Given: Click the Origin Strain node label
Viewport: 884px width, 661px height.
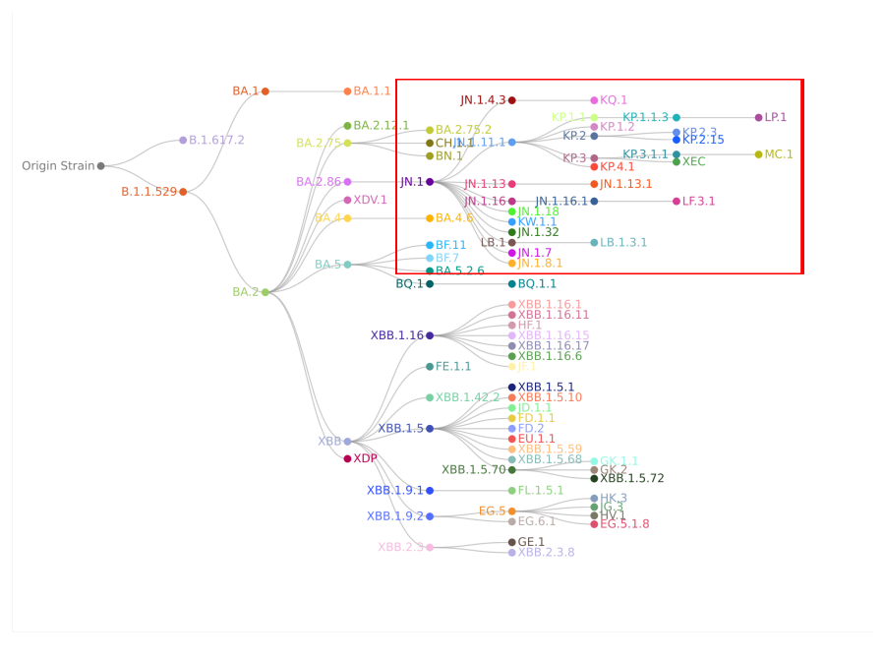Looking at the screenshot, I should [x=58, y=166].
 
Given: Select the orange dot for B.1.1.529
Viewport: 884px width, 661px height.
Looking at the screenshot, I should [x=183, y=192].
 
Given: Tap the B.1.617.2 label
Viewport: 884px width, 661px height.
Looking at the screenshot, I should [x=216, y=141].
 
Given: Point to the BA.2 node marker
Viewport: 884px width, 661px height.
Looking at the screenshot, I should [x=265, y=292].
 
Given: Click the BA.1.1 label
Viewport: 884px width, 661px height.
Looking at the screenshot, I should [x=372, y=91].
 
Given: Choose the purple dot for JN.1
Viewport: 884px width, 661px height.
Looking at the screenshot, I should [x=430, y=182].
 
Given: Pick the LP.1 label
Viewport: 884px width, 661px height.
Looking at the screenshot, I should [x=776, y=118].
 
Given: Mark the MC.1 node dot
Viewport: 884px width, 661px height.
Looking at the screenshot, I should [x=758, y=154].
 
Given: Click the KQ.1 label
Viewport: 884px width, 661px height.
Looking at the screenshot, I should [x=614, y=100].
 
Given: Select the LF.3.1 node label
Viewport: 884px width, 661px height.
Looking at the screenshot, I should [x=699, y=202].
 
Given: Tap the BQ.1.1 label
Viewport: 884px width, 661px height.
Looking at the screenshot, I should [x=537, y=284].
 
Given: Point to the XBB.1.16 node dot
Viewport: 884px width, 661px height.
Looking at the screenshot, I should [x=430, y=335].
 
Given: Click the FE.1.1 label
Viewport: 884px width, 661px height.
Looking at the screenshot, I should [x=453, y=367].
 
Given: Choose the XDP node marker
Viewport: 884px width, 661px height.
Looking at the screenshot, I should [x=347, y=458].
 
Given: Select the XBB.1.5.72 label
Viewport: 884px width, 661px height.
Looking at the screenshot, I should [x=632, y=479].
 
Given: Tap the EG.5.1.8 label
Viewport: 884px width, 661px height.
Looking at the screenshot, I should [x=624, y=524].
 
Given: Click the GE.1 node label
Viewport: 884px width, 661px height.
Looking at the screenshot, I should [x=531, y=542].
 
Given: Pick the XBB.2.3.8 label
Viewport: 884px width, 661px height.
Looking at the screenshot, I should [x=546, y=553].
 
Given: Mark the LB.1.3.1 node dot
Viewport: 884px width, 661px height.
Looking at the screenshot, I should [x=594, y=243].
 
